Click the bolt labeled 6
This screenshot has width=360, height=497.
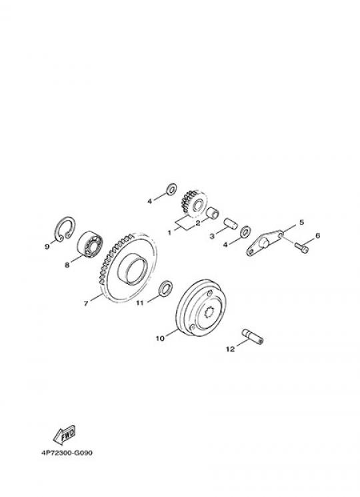point(302,247)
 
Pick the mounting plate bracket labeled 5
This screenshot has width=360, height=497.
point(263,243)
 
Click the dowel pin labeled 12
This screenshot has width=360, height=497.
point(253,337)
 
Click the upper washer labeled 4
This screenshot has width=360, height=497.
point(171,189)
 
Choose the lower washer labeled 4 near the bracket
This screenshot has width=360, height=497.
point(246,231)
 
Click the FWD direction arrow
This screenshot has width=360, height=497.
point(64,434)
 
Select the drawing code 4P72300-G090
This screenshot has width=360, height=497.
point(67,452)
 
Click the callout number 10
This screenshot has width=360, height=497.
point(160,338)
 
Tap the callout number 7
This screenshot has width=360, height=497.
point(86,304)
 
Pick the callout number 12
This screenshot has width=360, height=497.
point(230,349)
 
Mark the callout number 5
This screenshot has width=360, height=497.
point(301,222)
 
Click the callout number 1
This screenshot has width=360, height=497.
point(169,233)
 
